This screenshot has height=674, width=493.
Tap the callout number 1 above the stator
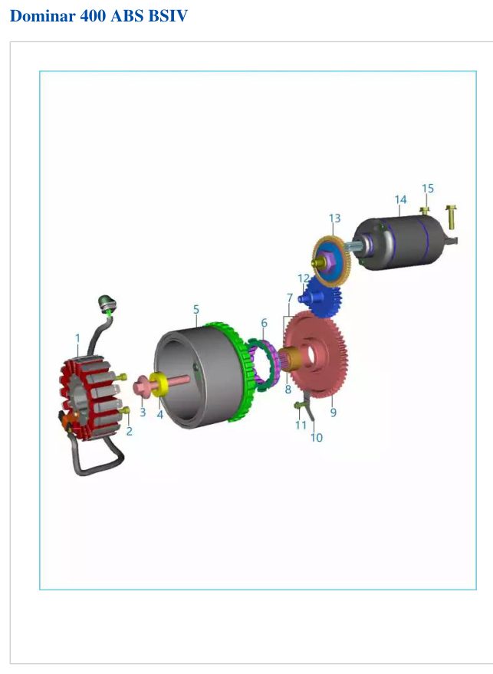[x=77, y=338]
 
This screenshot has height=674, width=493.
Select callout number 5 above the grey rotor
[x=196, y=309]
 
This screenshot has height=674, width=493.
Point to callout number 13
[x=335, y=219]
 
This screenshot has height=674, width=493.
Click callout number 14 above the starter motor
[x=400, y=199]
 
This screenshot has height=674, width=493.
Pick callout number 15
[x=428, y=189]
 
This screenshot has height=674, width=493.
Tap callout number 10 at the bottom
[x=317, y=437]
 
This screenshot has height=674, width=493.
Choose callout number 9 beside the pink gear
[x=333, y=413]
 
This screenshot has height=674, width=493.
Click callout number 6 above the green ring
[x=264, y=322]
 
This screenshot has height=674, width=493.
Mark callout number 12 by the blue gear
[x=304, y=278]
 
